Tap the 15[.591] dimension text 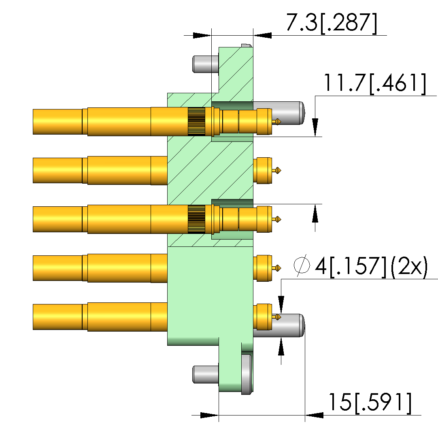[370, 403]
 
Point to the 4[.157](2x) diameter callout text [372, 267]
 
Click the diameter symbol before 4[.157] [302, 266]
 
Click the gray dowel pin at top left [206, 64]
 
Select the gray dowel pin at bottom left [206, 375]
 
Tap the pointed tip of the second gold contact [281, 170]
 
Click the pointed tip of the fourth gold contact [281, 268]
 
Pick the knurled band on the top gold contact [196, 121]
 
